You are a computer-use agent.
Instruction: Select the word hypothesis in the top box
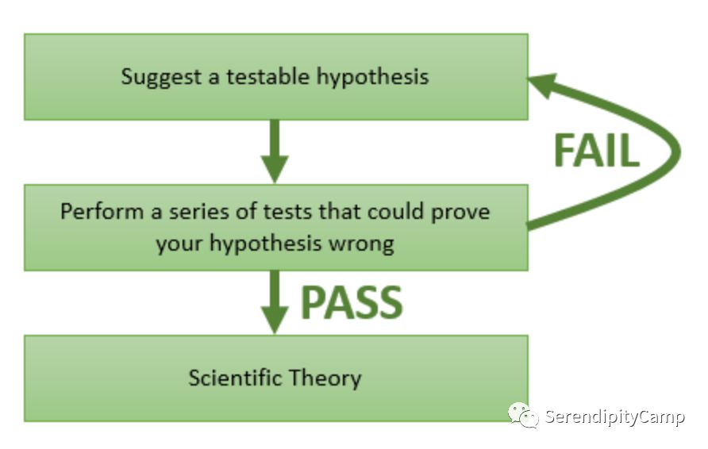pyautogui.click(x=373, y=77)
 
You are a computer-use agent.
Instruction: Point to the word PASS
pyautogui.click(x=352, y=302)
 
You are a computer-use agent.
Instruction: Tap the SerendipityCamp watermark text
pyautogui.click(x=614, y=417)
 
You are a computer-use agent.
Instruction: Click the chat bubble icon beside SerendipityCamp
pyautogui.click(x=524, y=415)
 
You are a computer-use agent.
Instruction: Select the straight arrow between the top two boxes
pyautogui.click(x=275, y=150)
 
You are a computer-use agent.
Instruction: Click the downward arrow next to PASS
pyautogui.click(x=275, y=301)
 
